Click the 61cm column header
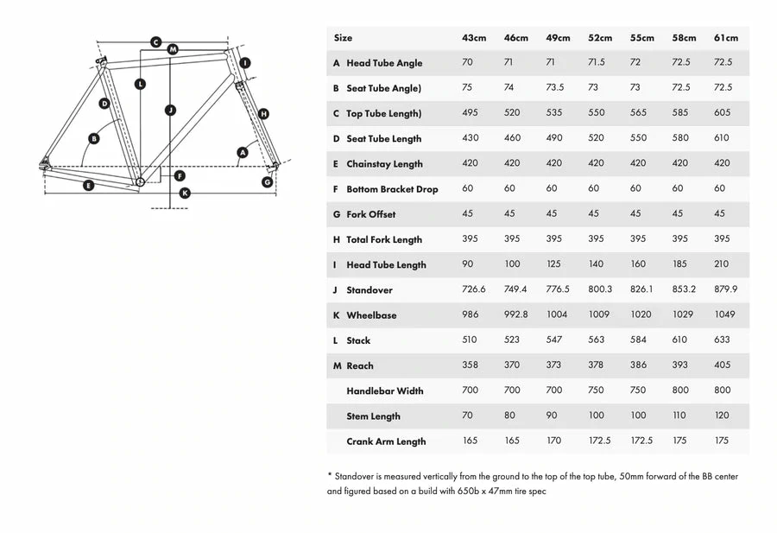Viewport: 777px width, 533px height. [725, 38]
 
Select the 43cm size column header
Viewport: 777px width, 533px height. [474, 38]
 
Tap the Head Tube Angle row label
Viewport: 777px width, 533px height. [384, 63]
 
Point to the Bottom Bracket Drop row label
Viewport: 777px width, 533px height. [392, 189]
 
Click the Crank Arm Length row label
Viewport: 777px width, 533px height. [386, 441]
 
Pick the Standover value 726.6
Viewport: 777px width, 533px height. [474, 290]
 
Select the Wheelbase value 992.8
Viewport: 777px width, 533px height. [515, 315]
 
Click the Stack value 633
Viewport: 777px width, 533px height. [722, 340]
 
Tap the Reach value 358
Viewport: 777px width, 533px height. [470, 365]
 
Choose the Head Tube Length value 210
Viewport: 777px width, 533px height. [722, 264]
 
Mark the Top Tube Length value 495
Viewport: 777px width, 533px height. [470, 113]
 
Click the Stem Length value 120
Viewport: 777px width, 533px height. [722, 416]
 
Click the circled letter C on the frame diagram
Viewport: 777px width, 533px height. [155, 41]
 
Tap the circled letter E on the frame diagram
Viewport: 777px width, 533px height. [88, 186]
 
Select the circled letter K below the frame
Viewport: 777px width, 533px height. [184, 193]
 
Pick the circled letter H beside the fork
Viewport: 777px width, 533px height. [263, 113]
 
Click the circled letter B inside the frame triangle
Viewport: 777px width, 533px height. [94, 138]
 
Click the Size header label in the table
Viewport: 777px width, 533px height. [343, 38]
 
